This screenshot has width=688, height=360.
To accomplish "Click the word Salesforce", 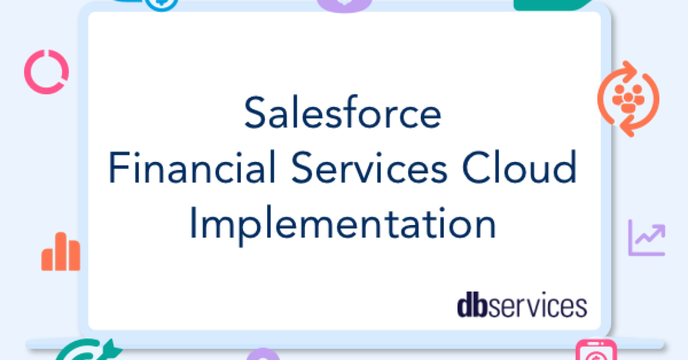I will click(343, 113).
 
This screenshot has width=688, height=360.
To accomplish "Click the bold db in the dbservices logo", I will click(469, 305).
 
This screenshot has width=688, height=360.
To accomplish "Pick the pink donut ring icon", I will click(46, 73).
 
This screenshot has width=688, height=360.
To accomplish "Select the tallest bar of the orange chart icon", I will click(60, 250).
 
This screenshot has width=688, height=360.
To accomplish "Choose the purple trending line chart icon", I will click(647, 238).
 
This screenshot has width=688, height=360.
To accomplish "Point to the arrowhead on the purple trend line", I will click(660, 228).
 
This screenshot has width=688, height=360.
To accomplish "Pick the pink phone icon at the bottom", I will click(596, 351).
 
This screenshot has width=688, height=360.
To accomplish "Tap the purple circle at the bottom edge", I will click(263, 354).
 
